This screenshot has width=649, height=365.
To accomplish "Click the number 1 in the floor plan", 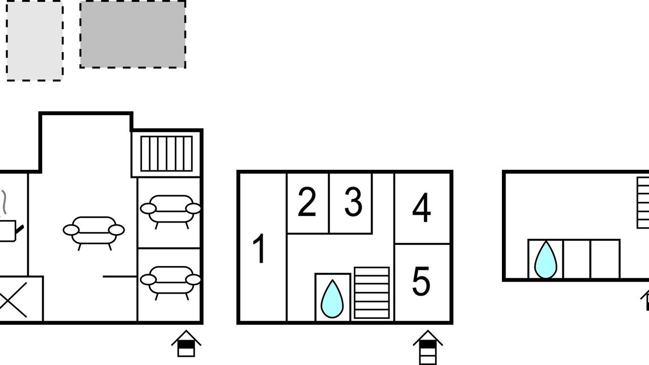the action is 259,248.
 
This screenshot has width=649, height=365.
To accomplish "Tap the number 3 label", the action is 353,202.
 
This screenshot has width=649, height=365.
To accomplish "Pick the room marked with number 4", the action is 421,207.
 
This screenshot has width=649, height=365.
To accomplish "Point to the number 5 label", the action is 421,281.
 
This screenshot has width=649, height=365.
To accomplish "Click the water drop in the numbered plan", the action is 332,299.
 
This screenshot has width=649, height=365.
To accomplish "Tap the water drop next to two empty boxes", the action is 546,260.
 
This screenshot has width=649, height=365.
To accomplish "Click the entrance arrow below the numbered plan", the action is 427,347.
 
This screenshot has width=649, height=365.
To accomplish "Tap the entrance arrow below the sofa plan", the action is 186,343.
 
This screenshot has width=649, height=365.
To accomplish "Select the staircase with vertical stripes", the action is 167,154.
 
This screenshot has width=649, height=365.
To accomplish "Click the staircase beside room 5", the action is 372,293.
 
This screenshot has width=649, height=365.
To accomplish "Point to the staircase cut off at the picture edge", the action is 643,202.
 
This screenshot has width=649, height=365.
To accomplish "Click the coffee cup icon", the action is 9,231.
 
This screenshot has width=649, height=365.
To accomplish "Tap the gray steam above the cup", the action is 4,202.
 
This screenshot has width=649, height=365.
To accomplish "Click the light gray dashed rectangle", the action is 34,41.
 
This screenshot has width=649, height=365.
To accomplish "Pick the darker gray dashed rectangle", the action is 133,34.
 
